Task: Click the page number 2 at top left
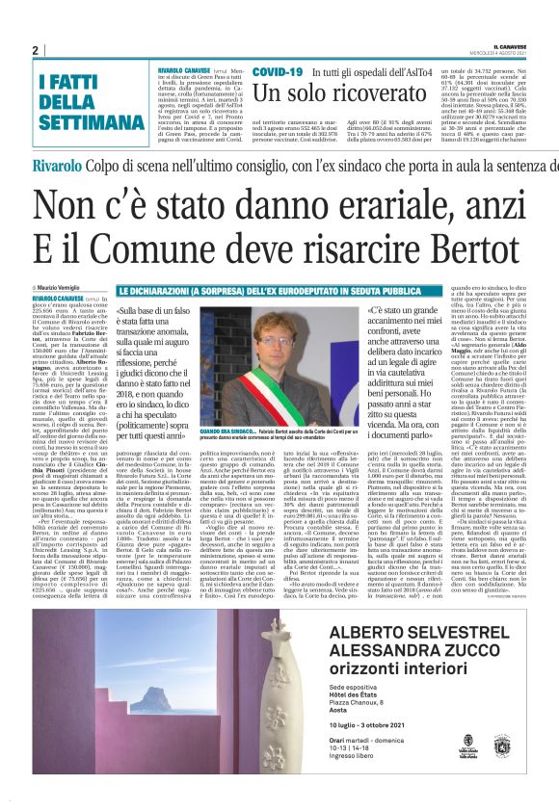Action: pos(34,51)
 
